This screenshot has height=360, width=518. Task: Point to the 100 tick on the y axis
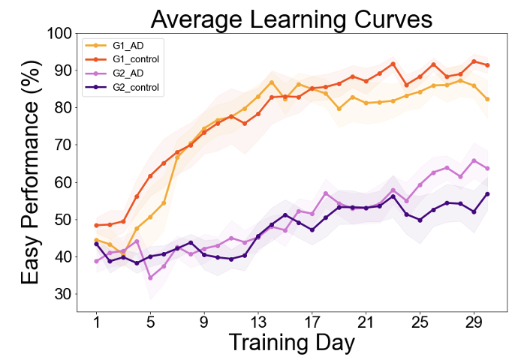[x=62, y=34]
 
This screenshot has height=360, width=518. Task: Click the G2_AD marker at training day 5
[x=150, y=277]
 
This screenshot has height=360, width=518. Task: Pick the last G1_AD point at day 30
[x=487, y=99]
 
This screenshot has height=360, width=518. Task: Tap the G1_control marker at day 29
[x=474, y=61]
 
